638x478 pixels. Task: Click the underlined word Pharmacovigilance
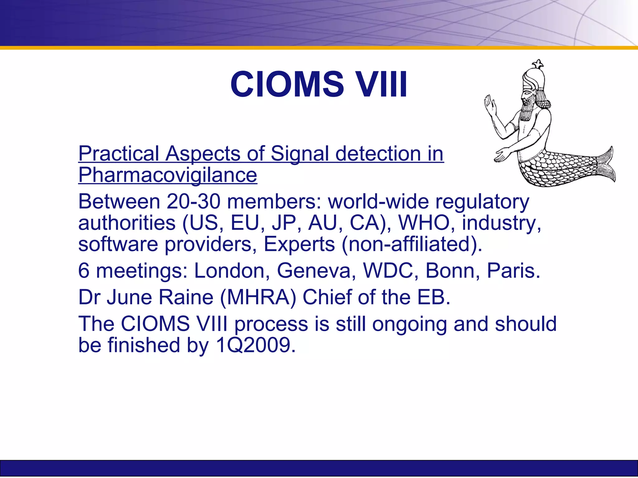click(x=168, y=175)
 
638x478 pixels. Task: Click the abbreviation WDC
click(x=391, y=270)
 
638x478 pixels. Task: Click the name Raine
click(x=186, y=297)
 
